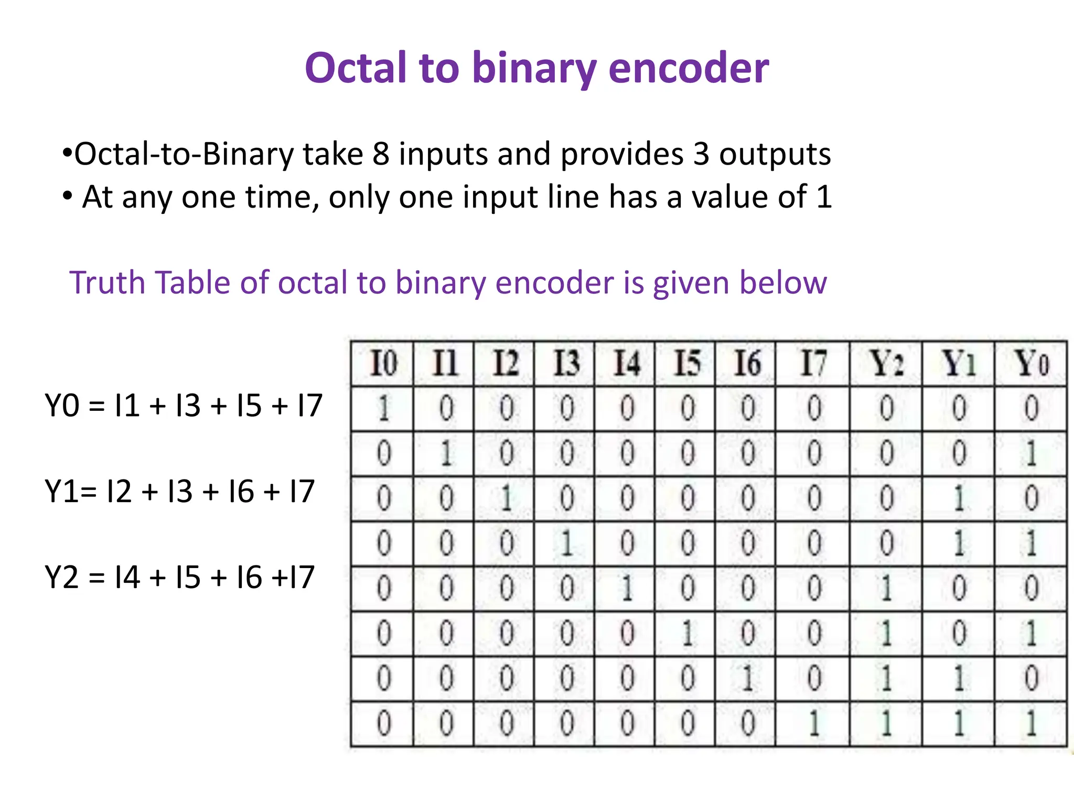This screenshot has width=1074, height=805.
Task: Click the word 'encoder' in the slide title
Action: tap(688, 68)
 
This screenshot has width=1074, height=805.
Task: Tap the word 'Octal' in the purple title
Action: tap(356, 68)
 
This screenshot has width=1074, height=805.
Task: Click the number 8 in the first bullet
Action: tap(381, 154)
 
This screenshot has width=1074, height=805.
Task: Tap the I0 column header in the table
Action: tap(383, 363)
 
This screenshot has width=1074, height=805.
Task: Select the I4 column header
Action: tap(627, 363)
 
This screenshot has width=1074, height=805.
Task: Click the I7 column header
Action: tap(813, 363)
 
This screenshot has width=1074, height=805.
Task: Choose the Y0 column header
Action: tap(1031, 363)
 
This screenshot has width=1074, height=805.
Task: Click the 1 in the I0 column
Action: tap(383, 408)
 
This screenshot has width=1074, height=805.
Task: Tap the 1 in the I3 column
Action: tap(566, 543)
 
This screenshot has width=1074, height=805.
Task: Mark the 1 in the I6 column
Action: tap(748, 678)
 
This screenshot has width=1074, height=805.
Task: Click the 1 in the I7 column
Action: tap(813, 724)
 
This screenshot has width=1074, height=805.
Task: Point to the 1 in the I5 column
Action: tap(687, 633)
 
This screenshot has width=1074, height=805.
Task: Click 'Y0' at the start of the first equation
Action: tap(62, 406)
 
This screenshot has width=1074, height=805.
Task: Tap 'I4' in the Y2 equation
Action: tap(127, 578)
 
